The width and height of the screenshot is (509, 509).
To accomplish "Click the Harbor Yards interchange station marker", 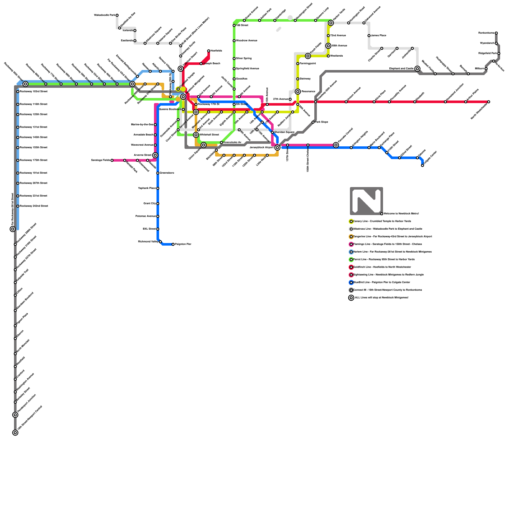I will pos(331,23).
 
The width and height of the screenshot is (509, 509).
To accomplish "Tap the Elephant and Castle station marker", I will pos(417,69).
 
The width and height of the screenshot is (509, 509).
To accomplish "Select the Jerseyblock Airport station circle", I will pos(277,148).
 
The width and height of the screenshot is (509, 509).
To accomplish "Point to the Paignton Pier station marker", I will pos(173,244).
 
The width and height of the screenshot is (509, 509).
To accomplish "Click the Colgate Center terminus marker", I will pos(422,165).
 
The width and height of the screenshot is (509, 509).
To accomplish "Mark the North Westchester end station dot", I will pos(489,102).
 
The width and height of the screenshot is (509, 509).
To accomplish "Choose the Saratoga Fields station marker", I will pos(112,160).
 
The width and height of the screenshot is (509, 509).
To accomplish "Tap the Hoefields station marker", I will pos(209,51).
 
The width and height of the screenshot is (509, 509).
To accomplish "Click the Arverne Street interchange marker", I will pos(155,155).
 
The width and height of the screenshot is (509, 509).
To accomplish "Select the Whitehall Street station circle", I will pos(196,135).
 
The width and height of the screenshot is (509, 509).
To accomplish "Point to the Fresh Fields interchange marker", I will pos(308,56).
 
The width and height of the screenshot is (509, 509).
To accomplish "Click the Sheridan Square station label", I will pos(284,132).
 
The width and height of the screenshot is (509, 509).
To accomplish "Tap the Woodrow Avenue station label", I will pos(247,41).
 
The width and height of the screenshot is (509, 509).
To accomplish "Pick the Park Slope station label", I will pos(322,122).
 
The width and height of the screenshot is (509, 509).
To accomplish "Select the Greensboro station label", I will pos(167,173).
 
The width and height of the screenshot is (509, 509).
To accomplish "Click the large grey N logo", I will pos(366,201).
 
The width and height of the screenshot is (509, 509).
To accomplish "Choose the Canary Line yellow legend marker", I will pos(351,221).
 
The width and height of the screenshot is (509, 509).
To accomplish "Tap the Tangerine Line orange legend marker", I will pos(351,237).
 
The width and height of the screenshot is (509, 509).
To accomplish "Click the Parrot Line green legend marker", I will pos(351,260).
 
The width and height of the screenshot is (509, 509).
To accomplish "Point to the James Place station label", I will pos(379,35).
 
